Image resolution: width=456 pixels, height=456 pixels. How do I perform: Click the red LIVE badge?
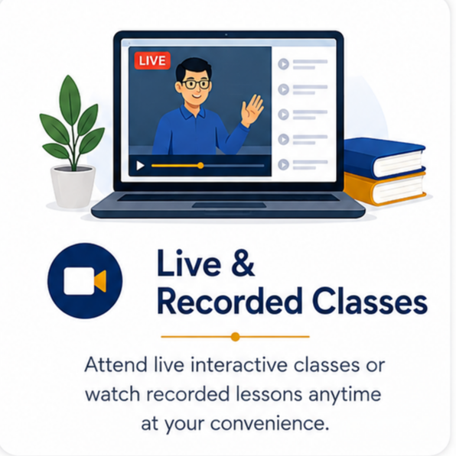click(152, 60)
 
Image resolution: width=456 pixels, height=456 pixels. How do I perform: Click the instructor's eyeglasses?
click(196, 84)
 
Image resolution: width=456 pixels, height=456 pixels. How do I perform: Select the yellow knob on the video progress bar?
click(200, 166)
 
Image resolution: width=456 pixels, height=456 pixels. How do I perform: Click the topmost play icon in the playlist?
click(283, 64)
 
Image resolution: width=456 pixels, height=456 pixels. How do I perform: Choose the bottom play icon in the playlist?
click(283, 164)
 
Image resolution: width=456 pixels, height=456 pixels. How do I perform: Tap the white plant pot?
click(73, 186)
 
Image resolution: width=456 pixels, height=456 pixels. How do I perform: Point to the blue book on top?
click(384, 157)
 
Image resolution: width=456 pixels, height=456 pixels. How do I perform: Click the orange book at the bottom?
click(385, 188)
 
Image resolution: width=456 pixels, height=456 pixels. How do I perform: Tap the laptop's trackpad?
click(229, 205)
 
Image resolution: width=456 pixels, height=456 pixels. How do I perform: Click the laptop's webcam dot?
click(226, 34)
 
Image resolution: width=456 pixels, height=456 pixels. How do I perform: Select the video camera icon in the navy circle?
click(85, 281)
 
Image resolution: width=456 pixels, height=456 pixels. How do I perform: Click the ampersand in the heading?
click(243, 264)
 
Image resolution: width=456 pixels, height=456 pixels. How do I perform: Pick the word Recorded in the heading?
click(230, 301)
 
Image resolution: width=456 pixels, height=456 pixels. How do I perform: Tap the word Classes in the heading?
click(370, 301)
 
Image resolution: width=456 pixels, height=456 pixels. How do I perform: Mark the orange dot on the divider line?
click(235, 337)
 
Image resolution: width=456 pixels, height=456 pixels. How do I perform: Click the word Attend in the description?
click(116, 364)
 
